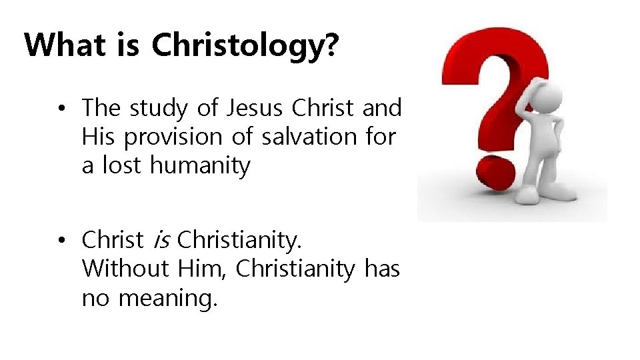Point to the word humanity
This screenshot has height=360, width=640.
pos(200,165)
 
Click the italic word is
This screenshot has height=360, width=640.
pos(160,239)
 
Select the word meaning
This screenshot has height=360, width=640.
pos(167,298)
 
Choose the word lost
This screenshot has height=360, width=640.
pos(122,165)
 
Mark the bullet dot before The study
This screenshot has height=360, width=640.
pos(61,108)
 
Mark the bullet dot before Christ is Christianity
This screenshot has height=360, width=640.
pos(61,239)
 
